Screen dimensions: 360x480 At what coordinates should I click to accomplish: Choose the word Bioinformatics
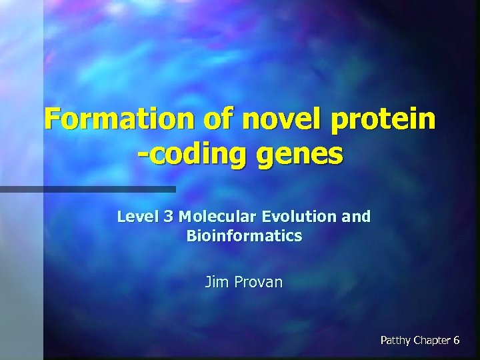[x=244, y=236]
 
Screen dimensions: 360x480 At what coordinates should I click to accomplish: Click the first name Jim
[x=217, y=282]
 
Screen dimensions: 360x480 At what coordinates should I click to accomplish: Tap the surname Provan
[x=257, y=282]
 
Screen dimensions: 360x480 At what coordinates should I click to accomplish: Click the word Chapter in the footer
[x=431, y=341]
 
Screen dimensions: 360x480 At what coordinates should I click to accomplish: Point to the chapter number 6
[x=456, y=341]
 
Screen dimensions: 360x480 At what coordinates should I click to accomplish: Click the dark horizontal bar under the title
[x=87, y=189]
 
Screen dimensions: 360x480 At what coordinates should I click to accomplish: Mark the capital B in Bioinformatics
[x=191, y=236]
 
